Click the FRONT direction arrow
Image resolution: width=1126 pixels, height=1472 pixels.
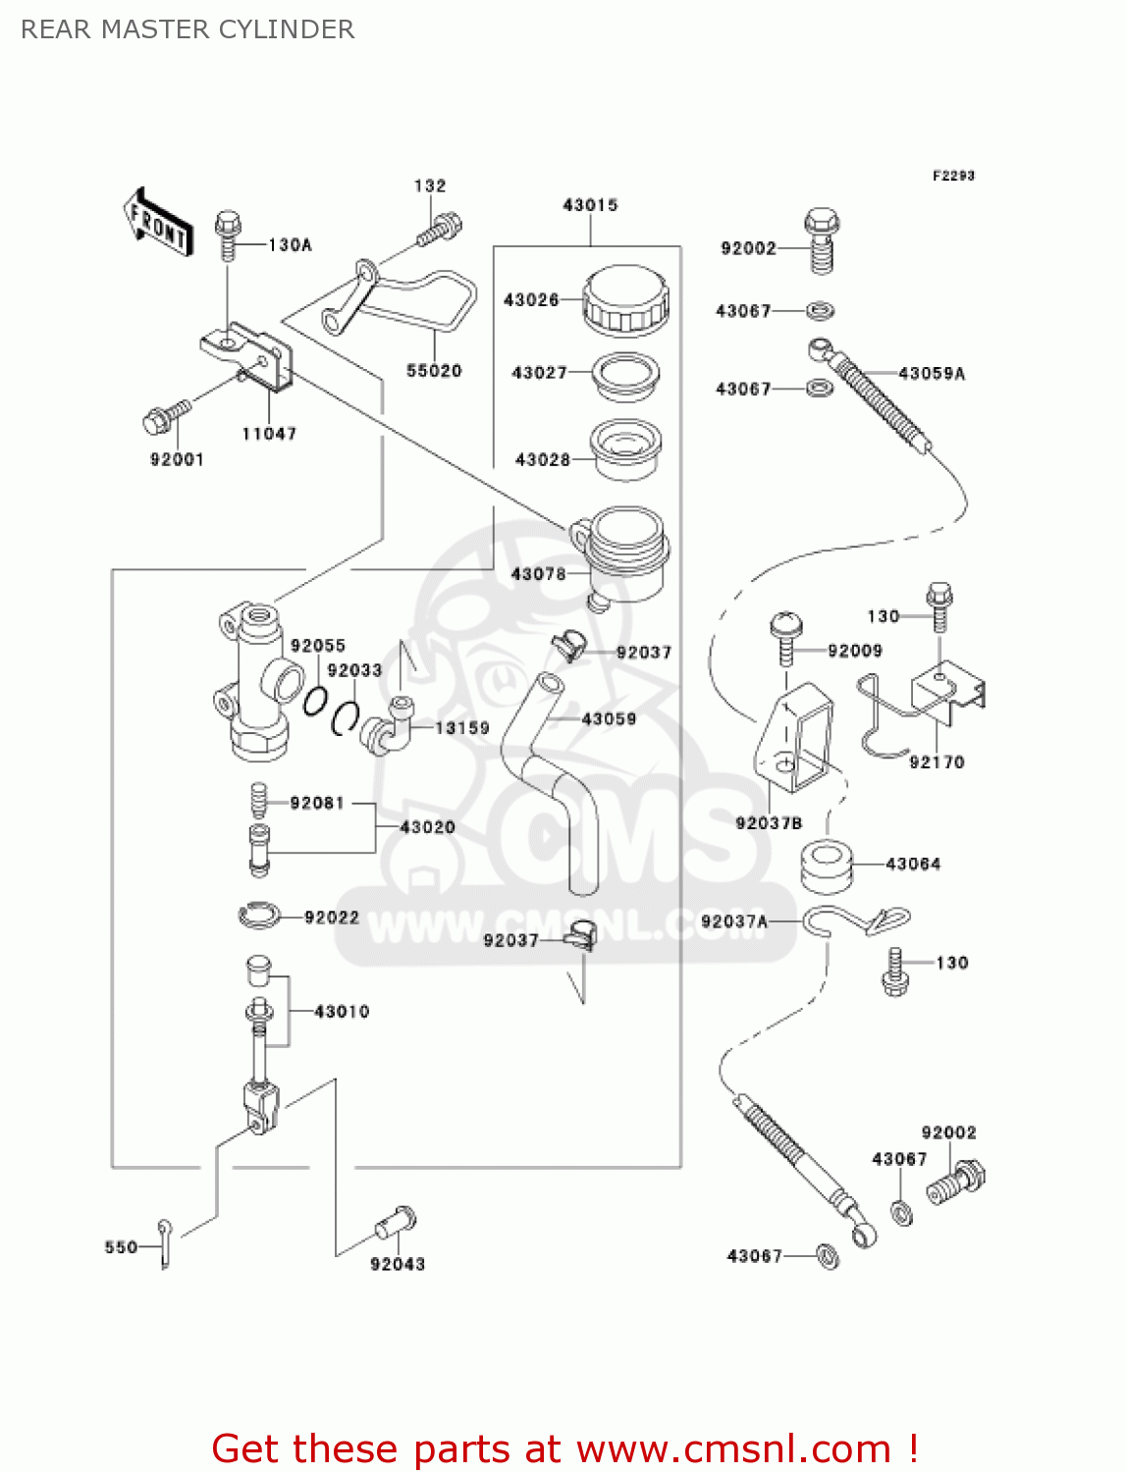157,223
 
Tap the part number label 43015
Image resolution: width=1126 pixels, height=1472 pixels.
590,205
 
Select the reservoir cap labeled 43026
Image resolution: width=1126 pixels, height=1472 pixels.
625,298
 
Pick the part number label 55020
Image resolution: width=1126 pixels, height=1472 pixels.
434,371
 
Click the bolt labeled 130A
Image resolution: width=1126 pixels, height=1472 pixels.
228,235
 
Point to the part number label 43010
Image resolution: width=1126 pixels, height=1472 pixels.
342,1012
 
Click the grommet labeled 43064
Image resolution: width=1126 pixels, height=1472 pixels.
826,866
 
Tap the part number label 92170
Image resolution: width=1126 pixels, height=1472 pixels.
937,762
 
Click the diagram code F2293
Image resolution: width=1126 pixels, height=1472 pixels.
953,176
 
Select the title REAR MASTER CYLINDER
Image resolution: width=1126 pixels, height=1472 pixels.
188,29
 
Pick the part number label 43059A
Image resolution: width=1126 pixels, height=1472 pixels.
932,374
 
